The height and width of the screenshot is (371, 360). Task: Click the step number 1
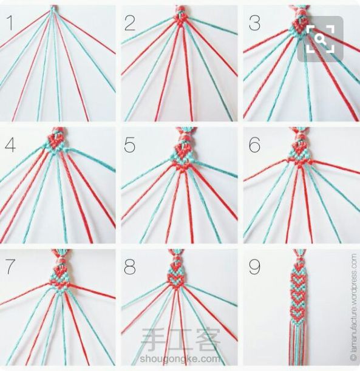[x=10, y=22]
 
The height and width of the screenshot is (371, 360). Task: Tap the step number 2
[x=130, y=23]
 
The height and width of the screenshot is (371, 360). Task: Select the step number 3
[x=254, y=23]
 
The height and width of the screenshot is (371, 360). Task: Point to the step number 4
[x=10, y=145]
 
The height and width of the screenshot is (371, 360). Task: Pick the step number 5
[x=130, y=145]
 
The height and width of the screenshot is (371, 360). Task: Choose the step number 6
[x=254, y=145]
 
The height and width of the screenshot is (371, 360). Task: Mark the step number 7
[x=10, y=267]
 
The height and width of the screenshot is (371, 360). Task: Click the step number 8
[x=130, y=267]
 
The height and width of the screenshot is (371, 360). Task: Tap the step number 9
[x=254, y=267]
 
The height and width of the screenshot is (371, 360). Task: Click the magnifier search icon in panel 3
[x=321, y=39]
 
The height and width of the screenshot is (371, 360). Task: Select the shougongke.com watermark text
[x=180, y=359]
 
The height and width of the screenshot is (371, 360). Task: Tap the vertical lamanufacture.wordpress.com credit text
[x=353, y=307]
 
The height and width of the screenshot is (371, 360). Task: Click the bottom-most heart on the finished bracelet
[x=297, y=312]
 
